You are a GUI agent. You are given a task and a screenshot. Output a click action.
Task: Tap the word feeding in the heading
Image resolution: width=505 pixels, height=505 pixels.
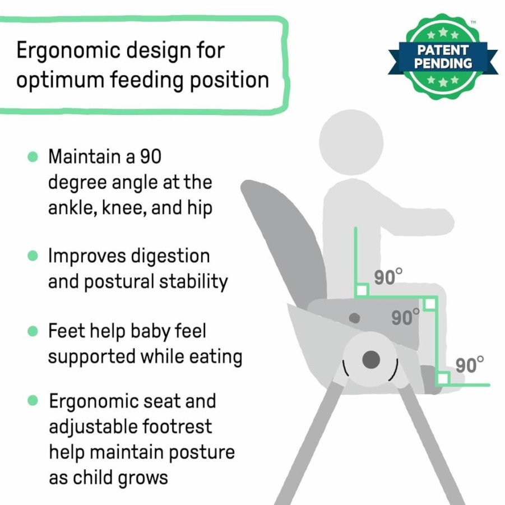coord(147,80)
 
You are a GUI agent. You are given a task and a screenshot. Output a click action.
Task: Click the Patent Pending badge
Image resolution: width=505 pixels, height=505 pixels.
coord(443,57)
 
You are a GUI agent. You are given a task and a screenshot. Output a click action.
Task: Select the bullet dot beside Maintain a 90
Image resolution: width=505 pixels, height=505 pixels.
coord(33,157)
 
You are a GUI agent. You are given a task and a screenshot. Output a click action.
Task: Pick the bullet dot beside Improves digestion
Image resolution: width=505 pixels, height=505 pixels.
coord(33,256)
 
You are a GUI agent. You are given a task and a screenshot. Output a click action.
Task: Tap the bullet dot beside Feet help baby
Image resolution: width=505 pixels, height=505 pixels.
coord(33,331)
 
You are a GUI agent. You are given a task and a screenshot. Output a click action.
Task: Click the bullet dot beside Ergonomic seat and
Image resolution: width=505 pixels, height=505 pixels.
coord(33,401)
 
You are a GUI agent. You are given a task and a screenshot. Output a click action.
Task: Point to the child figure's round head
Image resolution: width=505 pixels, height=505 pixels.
coord(351,142)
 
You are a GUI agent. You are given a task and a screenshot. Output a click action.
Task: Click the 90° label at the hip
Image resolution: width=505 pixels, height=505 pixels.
coord(388,277)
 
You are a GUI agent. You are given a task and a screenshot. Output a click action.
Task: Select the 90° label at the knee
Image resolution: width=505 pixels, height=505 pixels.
coord(406,317)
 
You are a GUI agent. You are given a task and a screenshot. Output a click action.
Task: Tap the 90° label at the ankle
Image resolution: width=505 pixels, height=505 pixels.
coord(470,365)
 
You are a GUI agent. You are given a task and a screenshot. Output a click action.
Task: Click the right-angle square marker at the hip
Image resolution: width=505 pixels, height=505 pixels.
coord(362,290)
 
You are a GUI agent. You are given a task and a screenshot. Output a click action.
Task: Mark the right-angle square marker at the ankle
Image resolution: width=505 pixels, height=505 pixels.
coord(443,378)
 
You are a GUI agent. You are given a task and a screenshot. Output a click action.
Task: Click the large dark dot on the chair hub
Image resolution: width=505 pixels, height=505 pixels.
coord(372,360)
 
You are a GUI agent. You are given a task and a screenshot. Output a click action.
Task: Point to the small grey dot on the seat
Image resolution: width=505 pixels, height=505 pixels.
coord(355,318)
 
